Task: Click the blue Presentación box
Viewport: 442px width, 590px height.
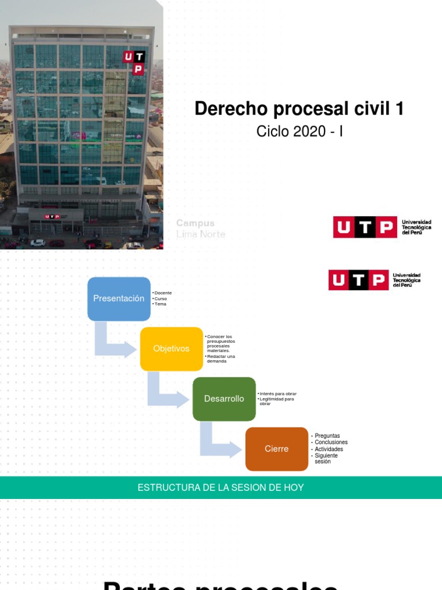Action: point(119,298)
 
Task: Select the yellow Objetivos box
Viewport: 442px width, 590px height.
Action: point(171,349)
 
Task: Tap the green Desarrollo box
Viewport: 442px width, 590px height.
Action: point(224,399)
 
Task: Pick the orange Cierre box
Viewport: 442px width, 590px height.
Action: point(276,449)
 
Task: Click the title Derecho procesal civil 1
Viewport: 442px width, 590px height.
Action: point(299,108)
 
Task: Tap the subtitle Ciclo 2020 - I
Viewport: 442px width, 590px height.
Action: point(299,131)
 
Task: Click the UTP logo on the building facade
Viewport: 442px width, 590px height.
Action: point(134,62)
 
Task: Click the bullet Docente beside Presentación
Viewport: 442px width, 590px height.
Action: point(163,293)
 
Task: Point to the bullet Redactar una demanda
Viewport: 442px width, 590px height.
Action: point(221,358)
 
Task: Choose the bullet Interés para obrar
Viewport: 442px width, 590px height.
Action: point(278,394)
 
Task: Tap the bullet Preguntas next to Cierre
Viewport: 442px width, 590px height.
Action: point(327,436)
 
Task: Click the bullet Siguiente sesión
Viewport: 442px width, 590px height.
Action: point(326,459)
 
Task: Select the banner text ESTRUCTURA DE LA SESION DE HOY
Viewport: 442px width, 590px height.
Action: point(220,487)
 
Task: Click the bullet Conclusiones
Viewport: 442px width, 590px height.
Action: point(331,442)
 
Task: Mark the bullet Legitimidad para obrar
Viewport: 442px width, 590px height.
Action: point(277,401)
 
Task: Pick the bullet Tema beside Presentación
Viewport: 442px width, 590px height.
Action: point(160,304)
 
